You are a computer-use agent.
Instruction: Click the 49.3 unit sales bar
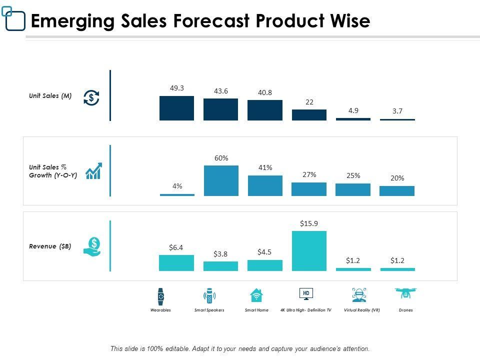coord(176,108)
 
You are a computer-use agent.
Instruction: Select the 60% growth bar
coord(221,180)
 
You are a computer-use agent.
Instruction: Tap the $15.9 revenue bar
coord(309,250)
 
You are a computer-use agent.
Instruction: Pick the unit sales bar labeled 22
coord(309,115)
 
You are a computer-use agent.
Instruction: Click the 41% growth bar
coord(265,185)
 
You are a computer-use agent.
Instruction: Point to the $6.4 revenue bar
coord(176,263)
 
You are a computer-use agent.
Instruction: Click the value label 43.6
coord(221,91)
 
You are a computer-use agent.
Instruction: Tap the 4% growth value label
coord(177,186)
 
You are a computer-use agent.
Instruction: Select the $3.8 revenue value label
coord(220,254)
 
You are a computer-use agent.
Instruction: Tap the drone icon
coord(405,293)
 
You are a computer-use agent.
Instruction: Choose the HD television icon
coord(306,294)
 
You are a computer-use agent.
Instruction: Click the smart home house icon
coord(256,295)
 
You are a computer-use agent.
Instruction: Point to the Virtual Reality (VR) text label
coord(362,310)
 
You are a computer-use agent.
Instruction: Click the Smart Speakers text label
coord(209,310)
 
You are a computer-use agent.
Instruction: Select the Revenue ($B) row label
coord(50,246)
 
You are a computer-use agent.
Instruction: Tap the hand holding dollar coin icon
coord(92,246)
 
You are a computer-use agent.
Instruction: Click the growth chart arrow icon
coord(94,171)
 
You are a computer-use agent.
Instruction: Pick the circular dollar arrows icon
coord(91,97)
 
